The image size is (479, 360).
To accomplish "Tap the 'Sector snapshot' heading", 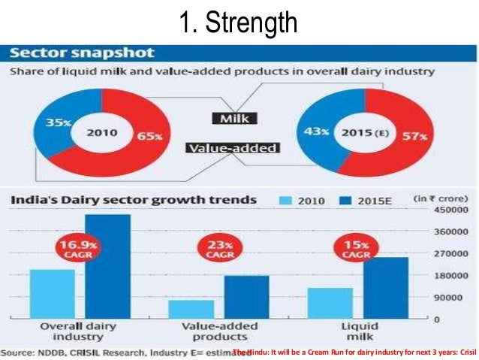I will pyautogui.click(x=83, y=53).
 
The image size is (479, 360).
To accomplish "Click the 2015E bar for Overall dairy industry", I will pyautogui.click(x=107, y=266).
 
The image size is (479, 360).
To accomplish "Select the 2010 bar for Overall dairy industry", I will pyautogui.click(x=52, y=294).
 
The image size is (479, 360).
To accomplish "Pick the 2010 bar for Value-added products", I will pyautogui.click(x=191, y=309).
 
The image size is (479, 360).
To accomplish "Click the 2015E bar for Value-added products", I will pyautogui.click(x=246, y=297).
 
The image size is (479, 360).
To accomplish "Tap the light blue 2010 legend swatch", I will pyautogui.click(x=285, y=201).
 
